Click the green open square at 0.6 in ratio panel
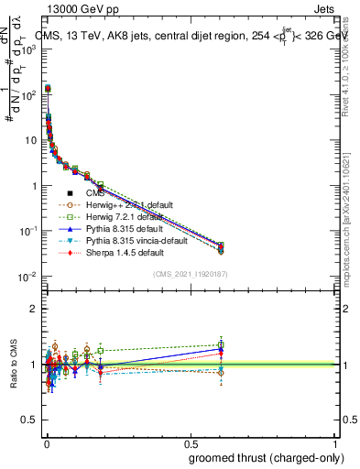220,344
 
